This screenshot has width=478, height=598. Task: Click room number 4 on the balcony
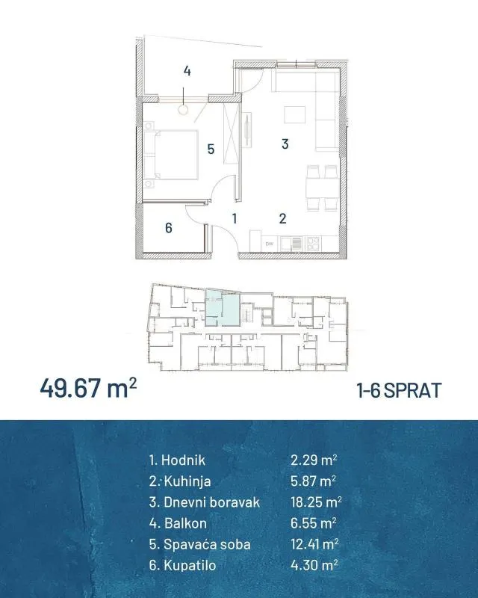coord(187,71)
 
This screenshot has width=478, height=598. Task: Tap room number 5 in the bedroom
coord(211,149)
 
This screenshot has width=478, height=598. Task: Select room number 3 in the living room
coord(285,144)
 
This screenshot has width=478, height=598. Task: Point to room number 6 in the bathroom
coord(169,228)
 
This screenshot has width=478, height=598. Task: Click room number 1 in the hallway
coord(235,218)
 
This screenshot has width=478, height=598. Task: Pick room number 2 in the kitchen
coord(282,218)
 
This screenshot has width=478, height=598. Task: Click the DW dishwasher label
coord(270,244)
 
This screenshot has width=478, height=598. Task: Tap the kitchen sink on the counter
coord(291,244)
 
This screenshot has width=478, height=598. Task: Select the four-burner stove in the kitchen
coord(314,244)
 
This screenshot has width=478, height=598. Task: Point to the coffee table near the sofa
coord(295,115)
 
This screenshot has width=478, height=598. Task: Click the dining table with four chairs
coord(322,188)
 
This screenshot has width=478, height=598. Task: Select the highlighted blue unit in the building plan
coord(223,308)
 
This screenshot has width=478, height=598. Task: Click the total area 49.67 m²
coord(88,388)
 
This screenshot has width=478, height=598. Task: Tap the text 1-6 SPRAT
coord(399,390)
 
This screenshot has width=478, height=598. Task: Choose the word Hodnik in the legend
coord(183,460)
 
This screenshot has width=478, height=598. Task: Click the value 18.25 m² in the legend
coord(316,502)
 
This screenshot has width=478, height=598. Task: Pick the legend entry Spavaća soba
coord(207,544)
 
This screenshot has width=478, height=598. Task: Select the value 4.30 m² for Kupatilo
coord(314,565)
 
